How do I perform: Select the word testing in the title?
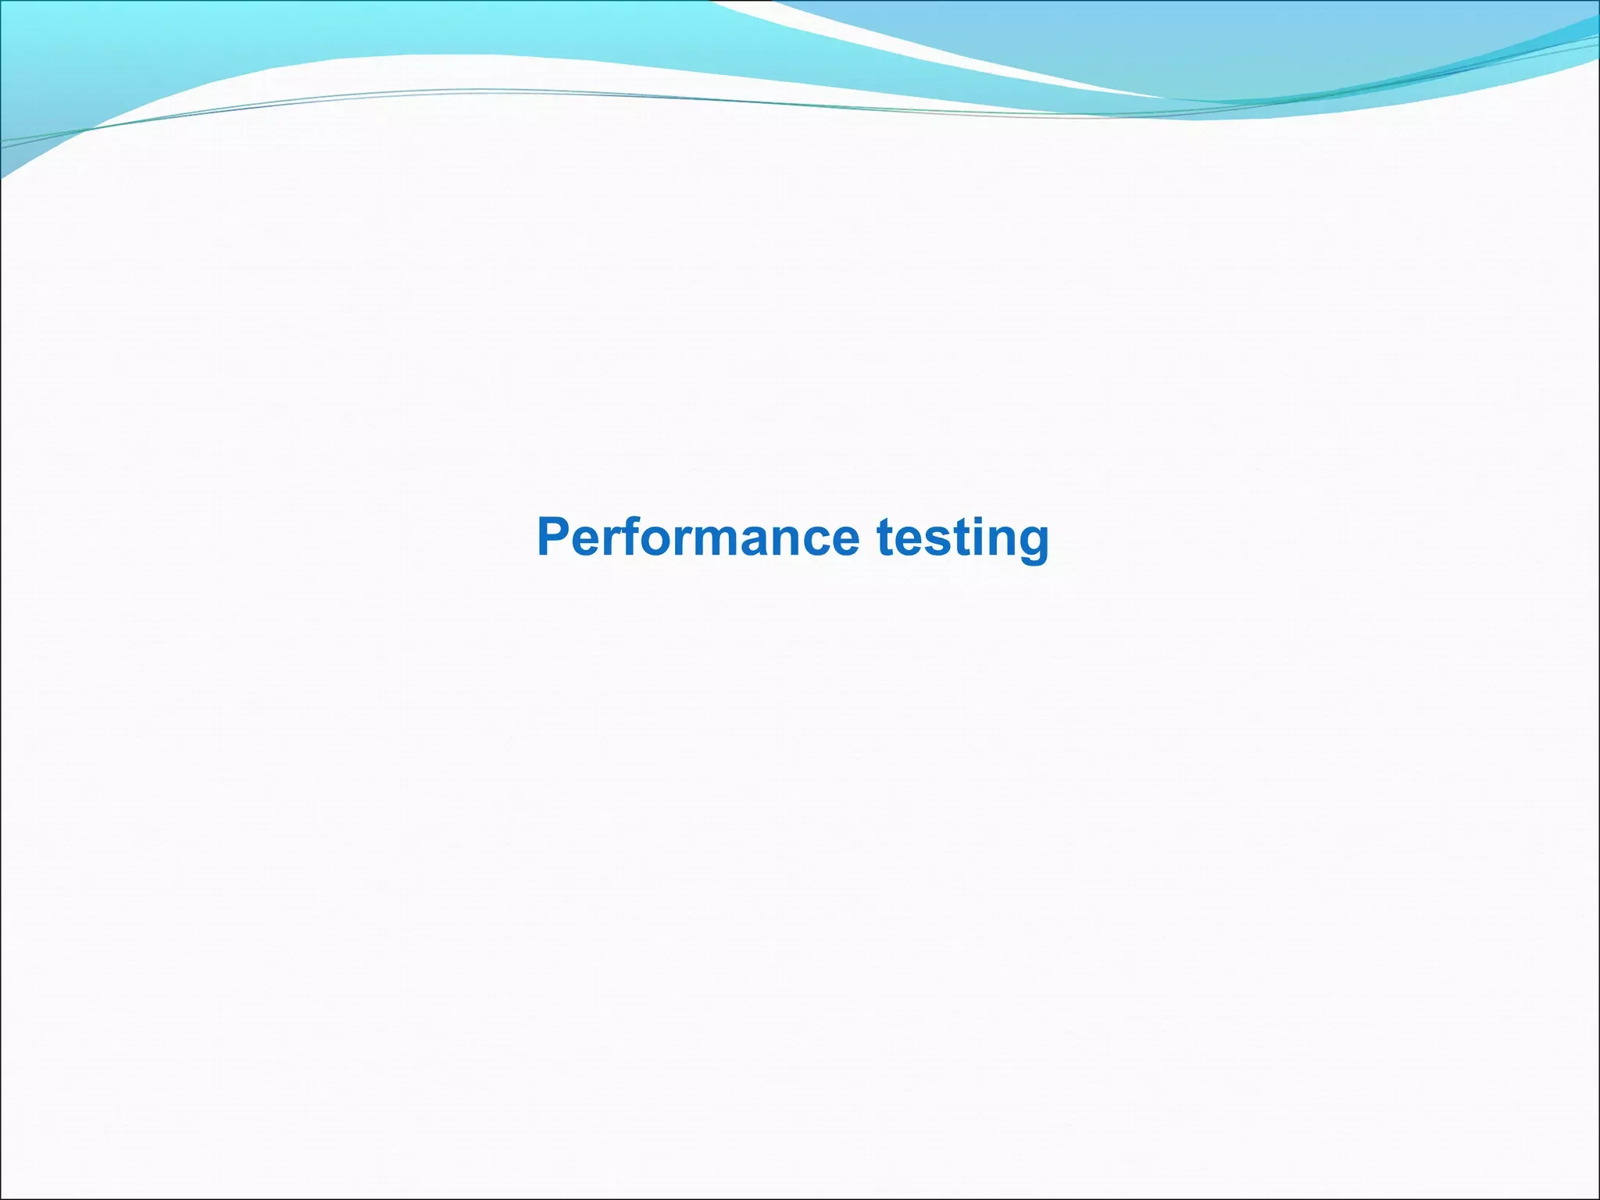[962, 539]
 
